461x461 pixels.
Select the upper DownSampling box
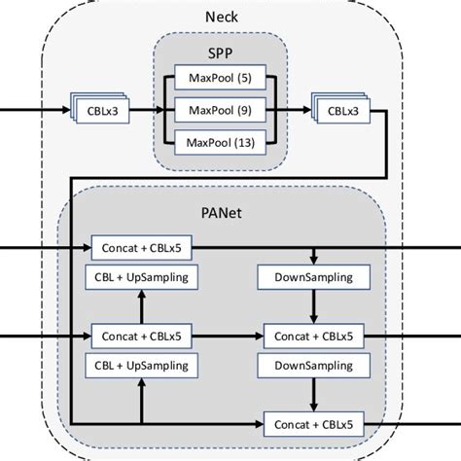[312, 277]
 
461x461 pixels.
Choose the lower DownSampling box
[312, 365]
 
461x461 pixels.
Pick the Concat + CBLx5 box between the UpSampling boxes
[141, 336]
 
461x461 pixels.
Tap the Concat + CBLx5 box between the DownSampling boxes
[312, 336]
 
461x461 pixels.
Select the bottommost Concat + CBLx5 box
[312, 424]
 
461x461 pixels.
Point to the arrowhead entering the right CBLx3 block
[307, 112]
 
